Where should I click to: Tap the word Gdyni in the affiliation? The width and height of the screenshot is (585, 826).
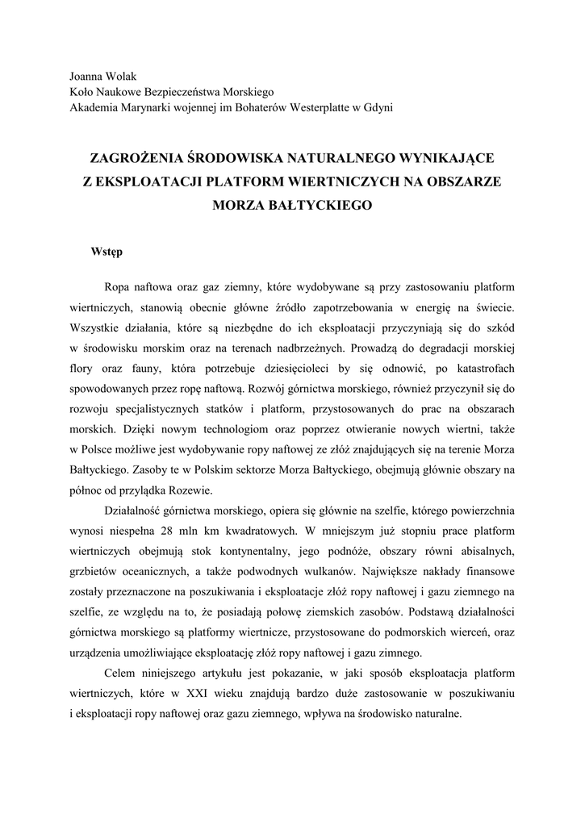[x=378, y=107]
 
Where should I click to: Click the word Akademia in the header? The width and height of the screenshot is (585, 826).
[x=94, y=107]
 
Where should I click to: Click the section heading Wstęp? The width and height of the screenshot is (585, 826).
[x=107, y=252]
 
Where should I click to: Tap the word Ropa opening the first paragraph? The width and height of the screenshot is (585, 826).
[x=118, y=286]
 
